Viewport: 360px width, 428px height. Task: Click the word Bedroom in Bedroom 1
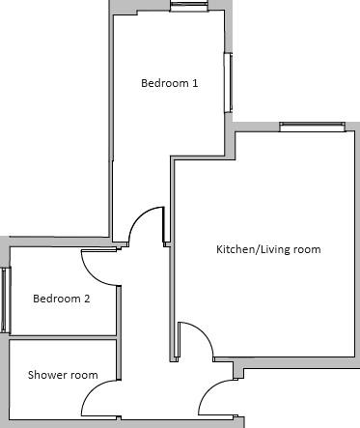(x=165, y=83)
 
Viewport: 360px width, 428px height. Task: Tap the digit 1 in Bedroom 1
(x=195, y=83)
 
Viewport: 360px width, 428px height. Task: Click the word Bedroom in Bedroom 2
(x=57, y=299)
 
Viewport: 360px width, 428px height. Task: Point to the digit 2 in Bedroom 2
(x=86, y=299)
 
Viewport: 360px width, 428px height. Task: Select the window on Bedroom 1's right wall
(x=228, y=83)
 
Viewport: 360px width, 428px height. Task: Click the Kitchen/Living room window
(x=313, y=127)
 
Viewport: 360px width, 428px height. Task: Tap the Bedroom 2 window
(x=6, y=300)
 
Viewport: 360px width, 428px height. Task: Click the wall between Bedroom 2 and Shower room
(x=63, y=337)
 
